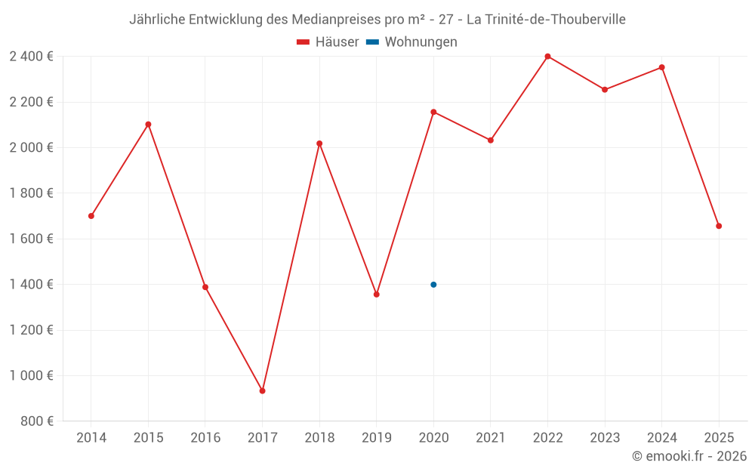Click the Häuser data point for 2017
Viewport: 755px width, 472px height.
tap(262, 390)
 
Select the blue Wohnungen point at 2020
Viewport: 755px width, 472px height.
tap(433, 285)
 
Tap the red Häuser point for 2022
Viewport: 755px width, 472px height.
tap(547, 57)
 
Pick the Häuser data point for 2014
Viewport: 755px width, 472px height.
tap(91, 216)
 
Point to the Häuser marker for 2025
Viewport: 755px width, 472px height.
tap(719, 226)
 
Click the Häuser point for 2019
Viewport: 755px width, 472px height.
tap(376, 295)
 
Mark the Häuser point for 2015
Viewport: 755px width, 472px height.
tap(148, 125)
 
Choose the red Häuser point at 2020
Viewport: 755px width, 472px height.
tap(433, 112)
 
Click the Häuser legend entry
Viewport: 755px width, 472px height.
tap(328, 42)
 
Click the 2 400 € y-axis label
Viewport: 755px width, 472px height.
tap(31, 57)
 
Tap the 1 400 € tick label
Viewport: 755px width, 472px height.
tap(31, 285)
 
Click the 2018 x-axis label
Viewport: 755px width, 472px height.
tap(319, 438)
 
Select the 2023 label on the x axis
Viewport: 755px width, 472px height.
tap(605, 438)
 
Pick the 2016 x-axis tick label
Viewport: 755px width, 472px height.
tap(205, 438)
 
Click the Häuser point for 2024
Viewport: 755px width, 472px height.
tap(662, 67)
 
